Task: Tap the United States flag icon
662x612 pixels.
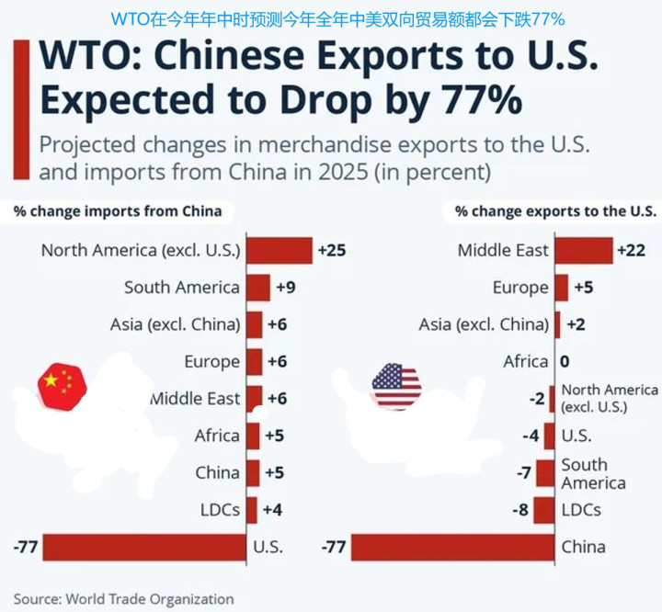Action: coord(396,386)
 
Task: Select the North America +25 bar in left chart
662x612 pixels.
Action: coord(280,250)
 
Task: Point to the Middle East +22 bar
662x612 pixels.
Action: coord(583,250)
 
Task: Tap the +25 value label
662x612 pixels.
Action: coord(331,250)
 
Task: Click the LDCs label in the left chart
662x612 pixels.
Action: coord(220,509)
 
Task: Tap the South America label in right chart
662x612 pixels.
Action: coord(593,473)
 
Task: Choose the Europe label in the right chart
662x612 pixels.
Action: coord(520,288)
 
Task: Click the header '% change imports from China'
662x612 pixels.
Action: coord(118,211)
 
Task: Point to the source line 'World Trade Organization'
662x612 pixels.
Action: coord(149,599)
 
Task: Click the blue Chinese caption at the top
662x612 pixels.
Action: coord(337,17)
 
